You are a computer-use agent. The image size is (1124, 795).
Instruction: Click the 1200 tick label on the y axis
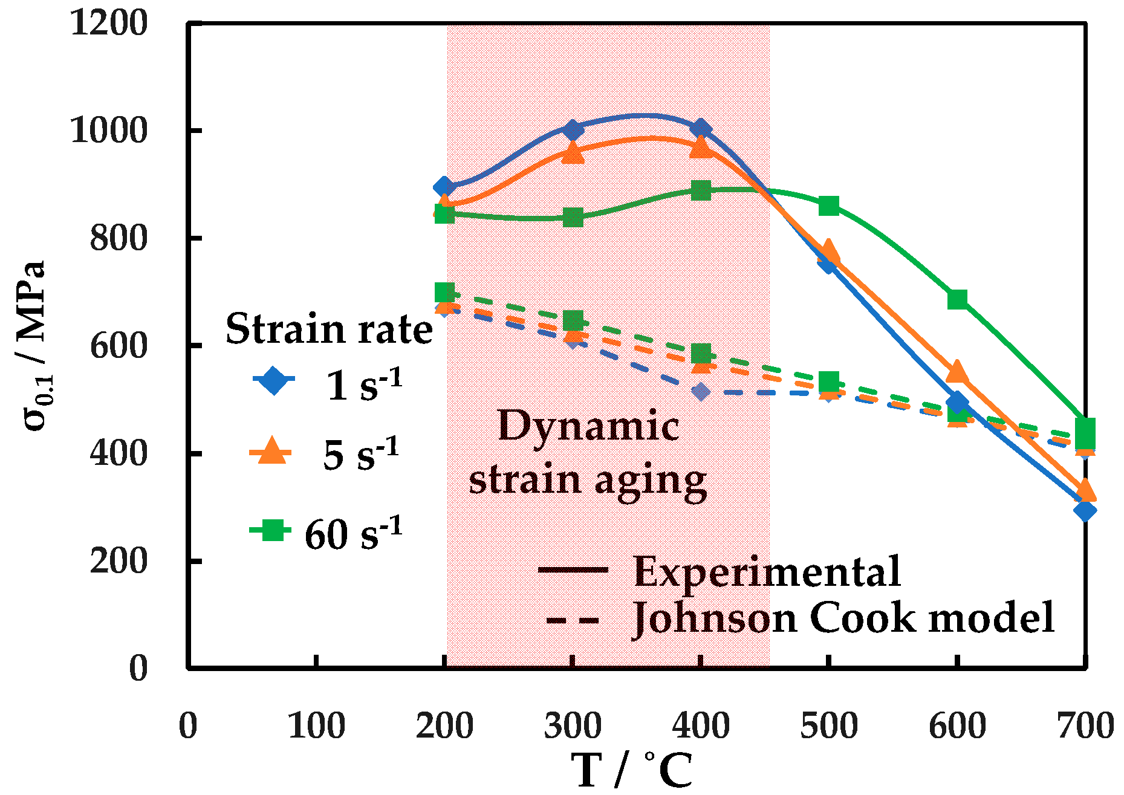109,24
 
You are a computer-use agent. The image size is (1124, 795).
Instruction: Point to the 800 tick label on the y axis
119,238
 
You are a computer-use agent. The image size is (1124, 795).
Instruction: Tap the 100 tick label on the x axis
316,726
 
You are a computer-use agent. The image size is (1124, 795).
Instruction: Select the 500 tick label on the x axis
829,726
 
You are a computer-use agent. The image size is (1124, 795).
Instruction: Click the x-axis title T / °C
632,770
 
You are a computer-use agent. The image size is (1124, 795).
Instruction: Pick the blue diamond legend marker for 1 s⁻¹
273,380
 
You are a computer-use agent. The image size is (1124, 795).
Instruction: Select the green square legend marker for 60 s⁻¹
271,530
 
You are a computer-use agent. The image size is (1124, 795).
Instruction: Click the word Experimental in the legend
767,571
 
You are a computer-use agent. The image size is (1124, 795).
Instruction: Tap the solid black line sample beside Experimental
573,570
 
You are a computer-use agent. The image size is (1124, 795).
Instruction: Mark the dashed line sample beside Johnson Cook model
573,620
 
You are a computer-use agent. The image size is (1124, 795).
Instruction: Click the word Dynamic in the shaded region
588,426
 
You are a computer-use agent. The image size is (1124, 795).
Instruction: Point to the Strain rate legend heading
329,329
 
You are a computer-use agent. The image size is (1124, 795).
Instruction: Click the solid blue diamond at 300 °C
573,129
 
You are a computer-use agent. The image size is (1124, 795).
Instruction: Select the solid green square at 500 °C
829,206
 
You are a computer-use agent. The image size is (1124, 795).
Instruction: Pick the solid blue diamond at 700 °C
1085,511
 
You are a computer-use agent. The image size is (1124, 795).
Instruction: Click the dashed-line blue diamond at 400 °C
701,392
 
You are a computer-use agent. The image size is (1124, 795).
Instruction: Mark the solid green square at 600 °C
957,299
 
